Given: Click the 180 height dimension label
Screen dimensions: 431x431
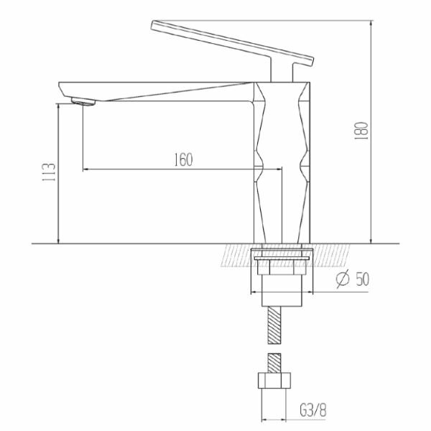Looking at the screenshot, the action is [361, 131].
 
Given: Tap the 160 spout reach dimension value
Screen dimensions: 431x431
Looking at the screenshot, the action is [184, 159].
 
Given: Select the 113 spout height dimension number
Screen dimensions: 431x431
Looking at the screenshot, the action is [49, 172].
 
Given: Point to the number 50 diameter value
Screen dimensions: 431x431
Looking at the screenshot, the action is [362, 279].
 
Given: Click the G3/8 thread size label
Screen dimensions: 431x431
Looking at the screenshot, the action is [313, 411].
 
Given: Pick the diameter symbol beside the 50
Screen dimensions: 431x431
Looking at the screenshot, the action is [343, 279].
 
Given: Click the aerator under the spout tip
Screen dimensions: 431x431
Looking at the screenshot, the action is [83, 101].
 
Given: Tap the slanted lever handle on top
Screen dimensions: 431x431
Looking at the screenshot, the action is [233, 42].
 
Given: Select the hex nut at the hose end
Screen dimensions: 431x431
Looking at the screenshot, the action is [274, 381].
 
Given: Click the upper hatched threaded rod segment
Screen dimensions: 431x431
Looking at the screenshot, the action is [274, 325].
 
